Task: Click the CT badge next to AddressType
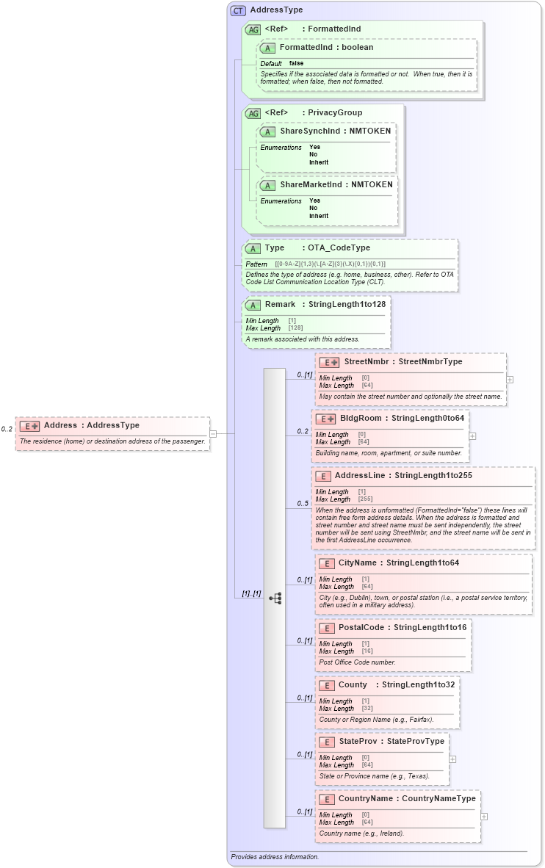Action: pyautogui.click(x=238, y=10)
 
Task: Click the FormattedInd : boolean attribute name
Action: pyautogui.click(x=326, y=47)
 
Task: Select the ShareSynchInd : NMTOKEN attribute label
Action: pyautogui.click(x=335, y=131)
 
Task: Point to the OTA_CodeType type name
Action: pyautogui.click(x=339, y=247)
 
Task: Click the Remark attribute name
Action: pyautogui.click(x=280, y=304)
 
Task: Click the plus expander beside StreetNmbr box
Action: pyautogui.click(x=510, y=380)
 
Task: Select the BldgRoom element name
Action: pyautogui.click(x=361, y=418)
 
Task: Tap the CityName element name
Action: pyautogui.click(x=357, y=563)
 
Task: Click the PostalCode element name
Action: pyautogui.click(x=361, y=627)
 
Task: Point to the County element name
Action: pyautogui.click(x=353, y=684)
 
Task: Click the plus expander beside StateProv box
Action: pyautogui.click(x=452, y=759)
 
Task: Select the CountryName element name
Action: pyautogui.click(x=365, y=798)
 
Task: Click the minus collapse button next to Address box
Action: pyautogui.click(x=213, y=433)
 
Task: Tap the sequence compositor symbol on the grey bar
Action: pyautogui.click(x=275, y=598)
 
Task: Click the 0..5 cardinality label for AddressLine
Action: pyautogui.click(x=302, y=503)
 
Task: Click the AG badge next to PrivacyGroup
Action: pyautogui.click(x=253, y=113)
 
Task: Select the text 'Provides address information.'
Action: pyautogui.click(x=275, y=856)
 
